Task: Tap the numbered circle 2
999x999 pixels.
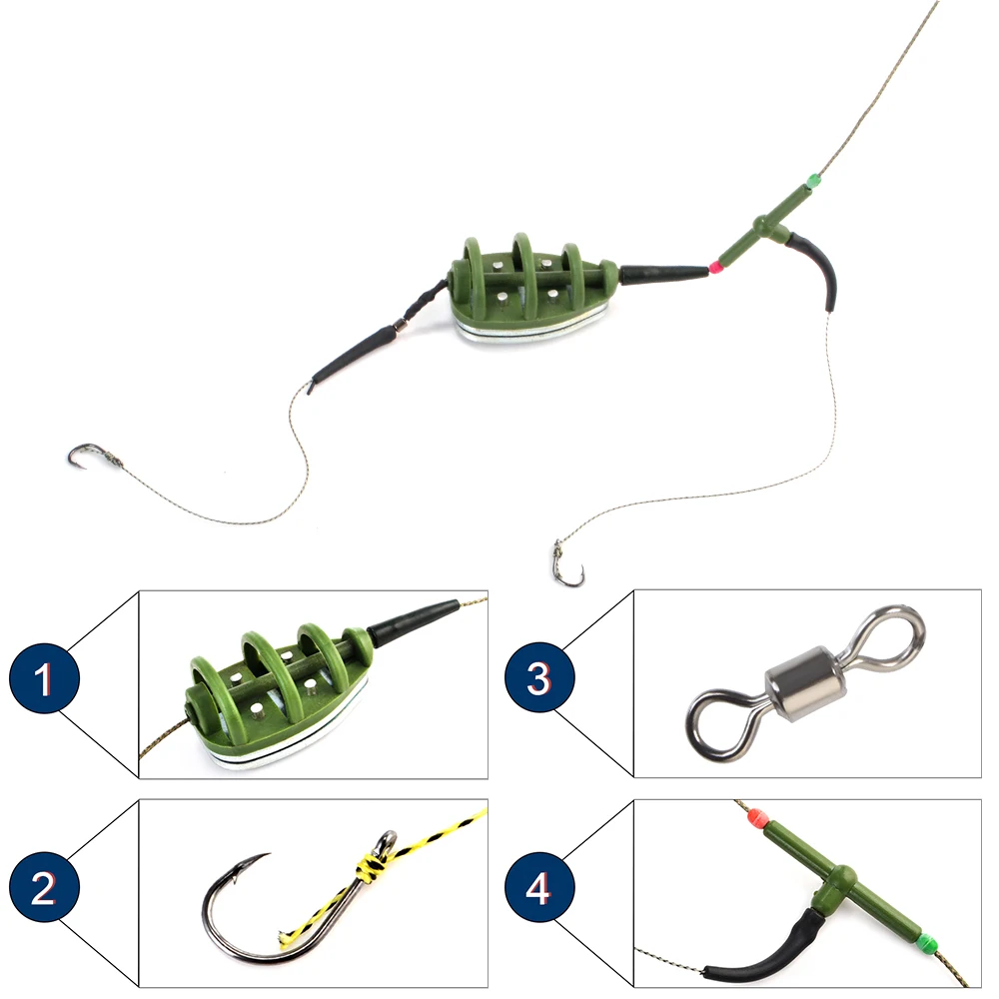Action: coord(44,888)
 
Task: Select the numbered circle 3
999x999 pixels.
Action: coord(539,680)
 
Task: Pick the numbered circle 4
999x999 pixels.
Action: coord(539,888)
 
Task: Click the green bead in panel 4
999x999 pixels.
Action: coord(926,941)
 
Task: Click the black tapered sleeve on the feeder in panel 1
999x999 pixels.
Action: coord(410,622)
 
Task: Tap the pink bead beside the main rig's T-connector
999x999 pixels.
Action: coord(714,267)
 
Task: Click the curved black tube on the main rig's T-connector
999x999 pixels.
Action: coord(825,264)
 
